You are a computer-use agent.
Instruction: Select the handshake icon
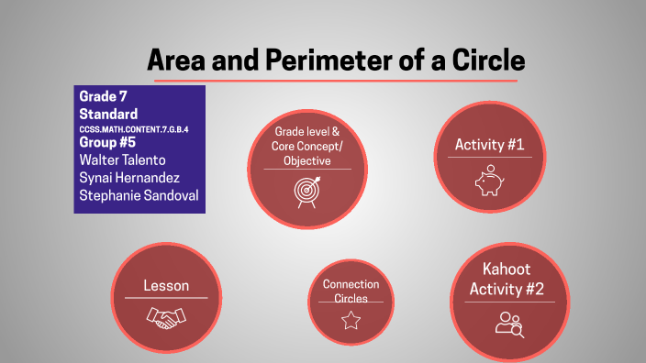[166, 317]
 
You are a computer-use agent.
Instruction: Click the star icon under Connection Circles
[351, 320]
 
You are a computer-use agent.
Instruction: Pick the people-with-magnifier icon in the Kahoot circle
[508, 323]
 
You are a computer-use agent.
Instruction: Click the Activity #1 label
[489, 144]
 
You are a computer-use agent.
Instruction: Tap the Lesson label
[166, 286]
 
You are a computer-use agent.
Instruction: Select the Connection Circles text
[351, 291]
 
